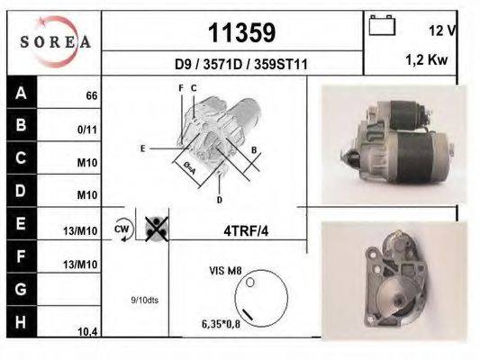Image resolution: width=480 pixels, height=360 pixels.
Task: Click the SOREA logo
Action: [53, 42]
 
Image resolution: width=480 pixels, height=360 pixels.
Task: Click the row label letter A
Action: [21, 93]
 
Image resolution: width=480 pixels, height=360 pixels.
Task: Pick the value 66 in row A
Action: [92, 95]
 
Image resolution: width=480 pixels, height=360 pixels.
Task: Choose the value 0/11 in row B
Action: [87, 130]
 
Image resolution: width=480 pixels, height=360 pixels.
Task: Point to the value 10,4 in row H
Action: [87, 332]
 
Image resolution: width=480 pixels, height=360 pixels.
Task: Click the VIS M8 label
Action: [226, 268]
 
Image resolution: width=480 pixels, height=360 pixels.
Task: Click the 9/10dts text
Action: [144, 300]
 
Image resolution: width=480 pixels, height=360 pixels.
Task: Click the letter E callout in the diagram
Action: [142, 147]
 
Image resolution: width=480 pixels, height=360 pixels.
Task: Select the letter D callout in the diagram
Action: [220, 199]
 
